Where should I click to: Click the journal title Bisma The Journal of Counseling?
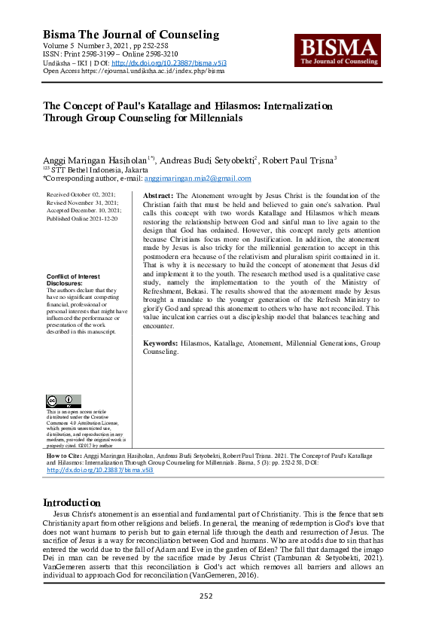(x=131, y=35)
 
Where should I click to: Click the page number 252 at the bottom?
(x=206, y=596)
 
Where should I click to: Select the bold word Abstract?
(x=158, y=195)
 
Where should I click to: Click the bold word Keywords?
(x=160, y=343)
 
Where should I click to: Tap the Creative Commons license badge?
(x=63, y=401)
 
